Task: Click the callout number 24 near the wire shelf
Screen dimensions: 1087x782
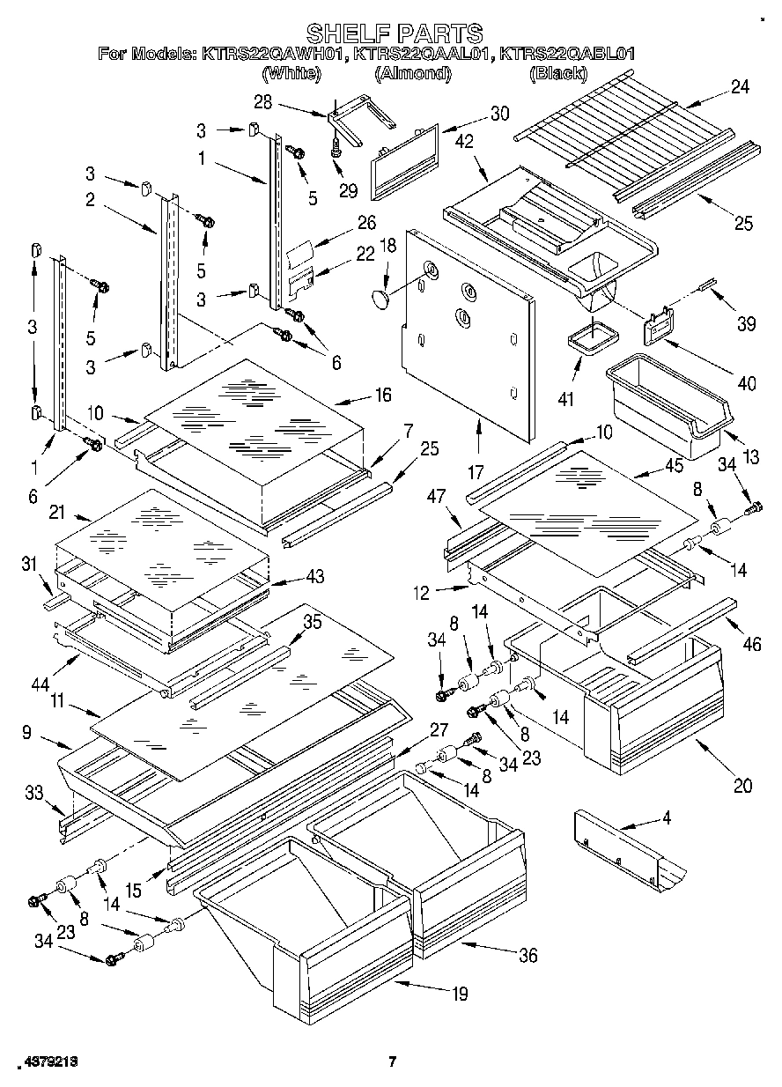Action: [739, 87]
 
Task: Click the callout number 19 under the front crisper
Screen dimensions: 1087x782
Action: [460, 995]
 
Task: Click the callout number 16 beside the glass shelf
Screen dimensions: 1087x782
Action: [382, 395]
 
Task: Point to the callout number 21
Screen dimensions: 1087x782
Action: [58, 513]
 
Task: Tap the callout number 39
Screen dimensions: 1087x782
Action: [746, 324]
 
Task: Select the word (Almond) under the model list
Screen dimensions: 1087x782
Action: [413, 74]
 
